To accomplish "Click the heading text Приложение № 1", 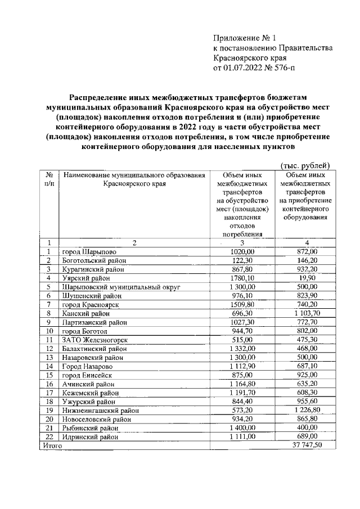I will [245, 38].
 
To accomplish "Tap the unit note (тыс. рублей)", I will [304, 165].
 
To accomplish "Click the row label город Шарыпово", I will [90, 251].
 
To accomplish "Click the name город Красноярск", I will [93, 304].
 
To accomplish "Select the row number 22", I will [49, 436].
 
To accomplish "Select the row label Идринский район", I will [91, 436].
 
